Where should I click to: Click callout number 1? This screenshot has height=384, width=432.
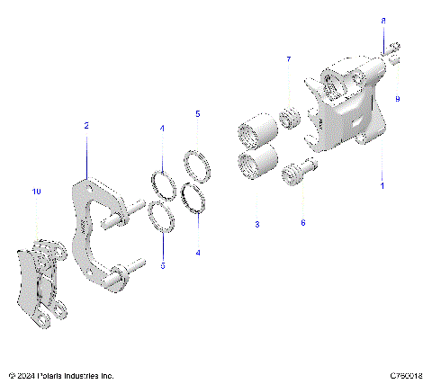(382, 186)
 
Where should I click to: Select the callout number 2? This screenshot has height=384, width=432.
(86, 127)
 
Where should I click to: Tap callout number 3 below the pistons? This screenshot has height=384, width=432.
(256, 223)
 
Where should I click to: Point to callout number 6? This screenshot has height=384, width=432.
(302, 222)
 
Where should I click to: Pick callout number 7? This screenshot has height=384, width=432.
(289, 60)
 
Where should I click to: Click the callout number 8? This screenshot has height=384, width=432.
(383, 20)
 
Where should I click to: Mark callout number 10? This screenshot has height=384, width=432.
(37, 192)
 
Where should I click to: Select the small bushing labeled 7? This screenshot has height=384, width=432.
(289, 118)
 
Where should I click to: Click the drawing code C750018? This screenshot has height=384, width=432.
(407, 375)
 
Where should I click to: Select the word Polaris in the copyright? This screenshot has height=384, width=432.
(56, 375)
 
